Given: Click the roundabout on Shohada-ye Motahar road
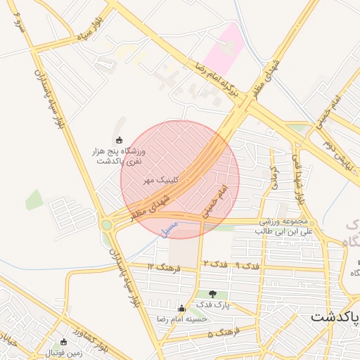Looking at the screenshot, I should pos(107,225).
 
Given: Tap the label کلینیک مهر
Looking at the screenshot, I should pos(161,180).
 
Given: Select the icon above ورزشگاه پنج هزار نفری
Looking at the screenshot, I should pos(118,139).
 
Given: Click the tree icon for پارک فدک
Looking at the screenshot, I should pos(213,293).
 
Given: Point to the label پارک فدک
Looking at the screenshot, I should pos(213,304).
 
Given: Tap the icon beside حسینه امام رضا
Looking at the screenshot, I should pos(182,308).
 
